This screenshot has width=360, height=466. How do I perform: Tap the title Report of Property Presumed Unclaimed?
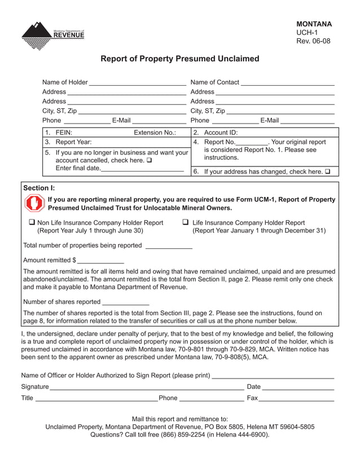pyautogui.click(x=179, y=59)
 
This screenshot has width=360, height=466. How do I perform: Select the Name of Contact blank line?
pyautogui.click(x=288, y=83)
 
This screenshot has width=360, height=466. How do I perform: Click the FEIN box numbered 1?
pyautogui.click(x=116, y=133)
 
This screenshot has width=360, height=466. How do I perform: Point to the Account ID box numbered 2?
pyautogui.click(x=265, y=133)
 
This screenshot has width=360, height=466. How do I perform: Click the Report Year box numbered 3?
pyautogui.click(x=116, y=142)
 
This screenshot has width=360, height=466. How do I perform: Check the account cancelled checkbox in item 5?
pyautogui.click(x=149, y=160)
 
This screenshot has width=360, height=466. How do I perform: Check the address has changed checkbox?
pyautogui.click(x=327, y=172)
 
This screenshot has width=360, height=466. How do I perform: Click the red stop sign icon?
pyautogui.click(x=34, y=203)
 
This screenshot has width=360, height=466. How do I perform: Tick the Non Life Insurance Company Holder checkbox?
pyautogui.click(x=32, y=223)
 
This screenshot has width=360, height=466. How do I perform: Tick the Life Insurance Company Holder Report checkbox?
pyautogui.click(x=186, y=223)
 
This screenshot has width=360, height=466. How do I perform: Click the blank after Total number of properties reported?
pyautogui.click(x=169, y=247)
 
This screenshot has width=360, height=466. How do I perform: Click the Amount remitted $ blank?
pyautogui.click(x=100, y=261)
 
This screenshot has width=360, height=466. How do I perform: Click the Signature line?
pyautogui.click(x=146, y=388)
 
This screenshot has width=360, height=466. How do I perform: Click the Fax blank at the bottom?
pyautogui.click(x=297, y=399)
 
